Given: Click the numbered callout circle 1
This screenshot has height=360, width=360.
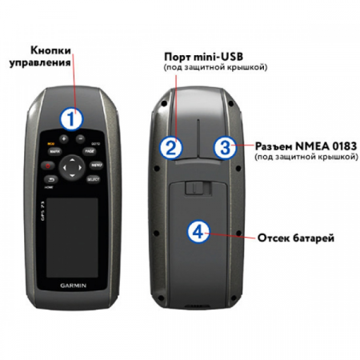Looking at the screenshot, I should [73, 120].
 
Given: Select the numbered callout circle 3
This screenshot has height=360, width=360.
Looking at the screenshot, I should [226, 146].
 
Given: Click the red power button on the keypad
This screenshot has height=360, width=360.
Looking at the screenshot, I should [47, 166].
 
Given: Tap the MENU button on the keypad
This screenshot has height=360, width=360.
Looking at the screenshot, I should [96, 166].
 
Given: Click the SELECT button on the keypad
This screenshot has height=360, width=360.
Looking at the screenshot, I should [93, 181].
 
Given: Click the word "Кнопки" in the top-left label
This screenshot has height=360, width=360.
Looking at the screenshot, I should [46, 50].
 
